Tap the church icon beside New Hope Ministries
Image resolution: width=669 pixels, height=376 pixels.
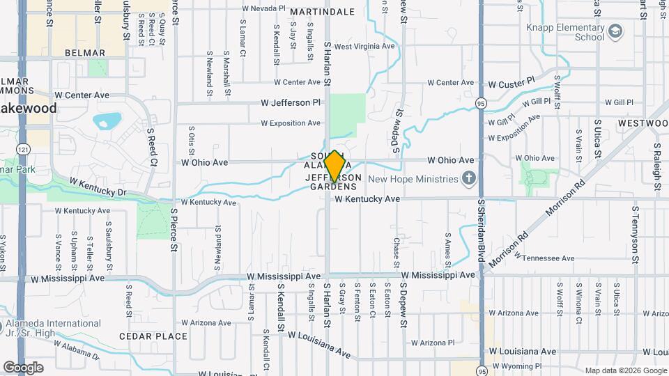click(x=468, y=179)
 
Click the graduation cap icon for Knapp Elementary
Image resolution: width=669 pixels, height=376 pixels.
click(x=615, y=31)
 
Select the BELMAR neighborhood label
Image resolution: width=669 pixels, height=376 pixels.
click(x=84, y=53)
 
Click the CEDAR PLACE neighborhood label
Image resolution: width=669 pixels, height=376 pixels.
click(x=153, y=336)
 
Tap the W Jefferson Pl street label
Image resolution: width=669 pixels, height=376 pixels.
click(x=291, y=102)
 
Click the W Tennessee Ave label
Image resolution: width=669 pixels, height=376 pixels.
click(x=545, y=258)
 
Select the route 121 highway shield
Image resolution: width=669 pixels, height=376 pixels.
click(x=24, y=150)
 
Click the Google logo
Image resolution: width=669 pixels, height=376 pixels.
click(x=23, y=367)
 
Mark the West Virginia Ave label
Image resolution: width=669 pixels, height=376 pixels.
click(x=365, y=47)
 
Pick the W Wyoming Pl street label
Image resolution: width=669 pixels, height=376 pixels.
click(x=516, y=366)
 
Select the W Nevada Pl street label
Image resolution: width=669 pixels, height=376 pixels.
click(x=263, y=8)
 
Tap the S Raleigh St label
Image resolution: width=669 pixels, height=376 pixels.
click(x=656, y=167)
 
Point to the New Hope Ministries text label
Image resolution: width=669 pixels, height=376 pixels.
click(x=413, y=179)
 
